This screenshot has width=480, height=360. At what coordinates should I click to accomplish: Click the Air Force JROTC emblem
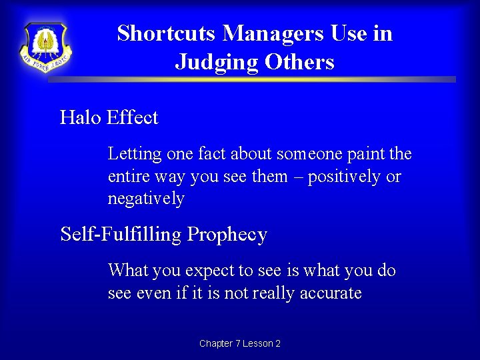(45, 47)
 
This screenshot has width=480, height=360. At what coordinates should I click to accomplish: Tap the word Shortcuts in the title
(167, 33)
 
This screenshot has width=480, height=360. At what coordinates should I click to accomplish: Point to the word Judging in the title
(217, 63)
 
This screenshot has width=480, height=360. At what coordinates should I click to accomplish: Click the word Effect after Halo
(132, 118)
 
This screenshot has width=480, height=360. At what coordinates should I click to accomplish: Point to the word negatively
(146, 199)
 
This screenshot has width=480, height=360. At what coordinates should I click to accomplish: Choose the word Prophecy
(227, 235)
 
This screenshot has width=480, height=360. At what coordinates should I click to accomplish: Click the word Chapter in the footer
(216, 343)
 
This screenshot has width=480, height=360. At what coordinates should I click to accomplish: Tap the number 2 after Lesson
(277, 343)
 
